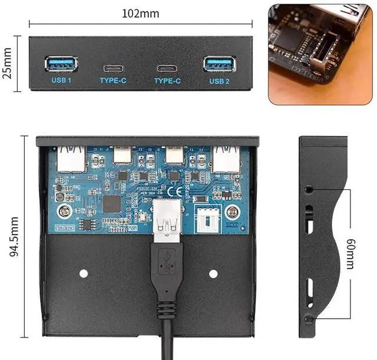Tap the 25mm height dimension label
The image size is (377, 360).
8,64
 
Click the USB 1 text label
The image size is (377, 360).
61,80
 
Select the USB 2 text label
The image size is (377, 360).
219,80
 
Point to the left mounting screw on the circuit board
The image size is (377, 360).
63,211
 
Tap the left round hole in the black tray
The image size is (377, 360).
84,273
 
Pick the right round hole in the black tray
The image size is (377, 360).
213,273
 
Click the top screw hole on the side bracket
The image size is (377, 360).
310,190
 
